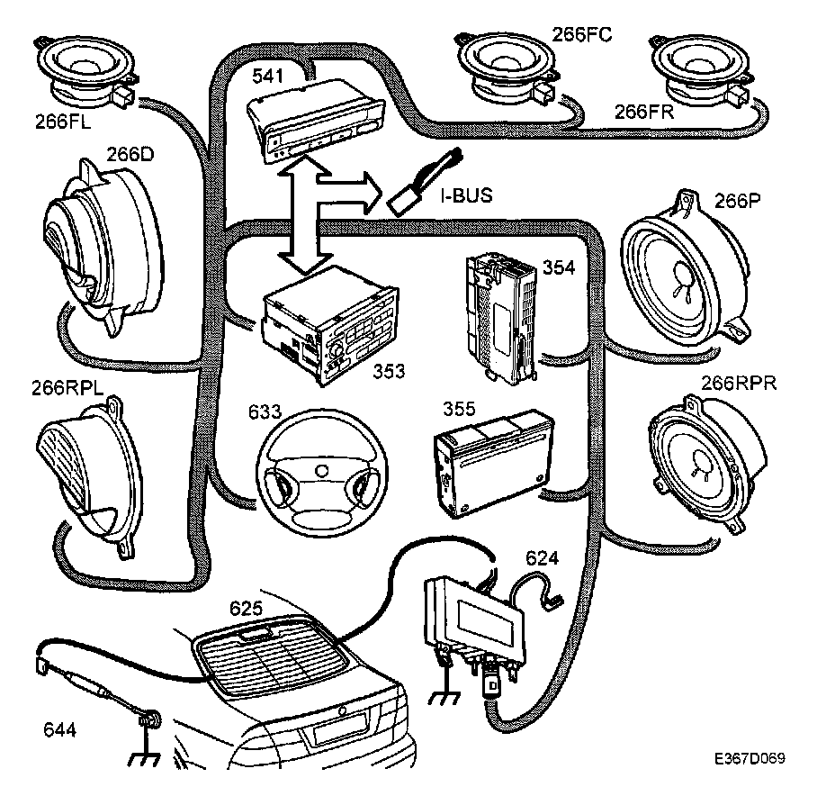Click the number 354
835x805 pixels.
point(558,268)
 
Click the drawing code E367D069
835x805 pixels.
point(751,759)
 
